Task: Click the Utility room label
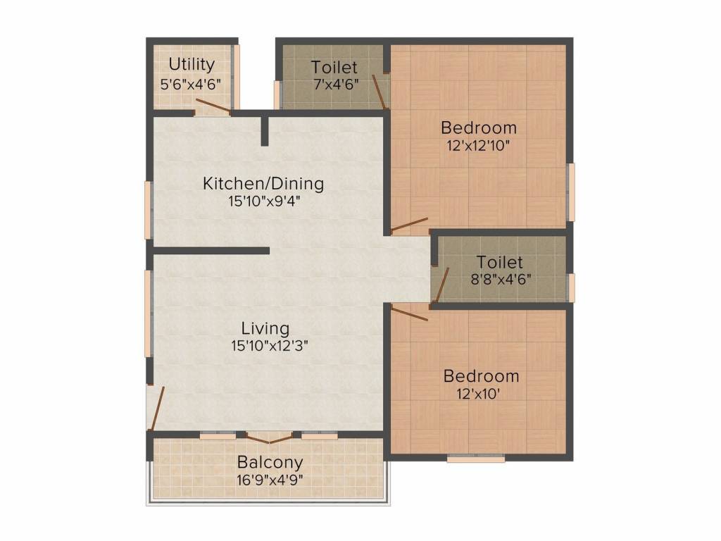(x=192, y=64)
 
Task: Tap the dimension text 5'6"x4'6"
(x=191, y=82)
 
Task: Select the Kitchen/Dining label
(x=263, y=184)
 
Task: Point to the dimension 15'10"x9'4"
(x=263, y=201)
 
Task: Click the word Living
(x=265, y=328)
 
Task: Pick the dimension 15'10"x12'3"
(x=265, y=346)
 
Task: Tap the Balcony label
(x=270, y=463)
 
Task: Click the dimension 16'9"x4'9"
(x=270, y=480)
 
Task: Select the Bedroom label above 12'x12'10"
(x=479, y=128)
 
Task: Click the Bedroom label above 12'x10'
(x=481, y=376)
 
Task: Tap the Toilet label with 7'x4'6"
(x=334, y=68)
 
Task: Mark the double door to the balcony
(x=269, y=438)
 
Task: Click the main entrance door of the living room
(x=158, y=407)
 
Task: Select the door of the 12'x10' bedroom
(x=409, y=313)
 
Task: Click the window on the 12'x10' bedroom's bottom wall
(x=476, y=458)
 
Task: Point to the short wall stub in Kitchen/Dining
(x=264, y=130)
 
